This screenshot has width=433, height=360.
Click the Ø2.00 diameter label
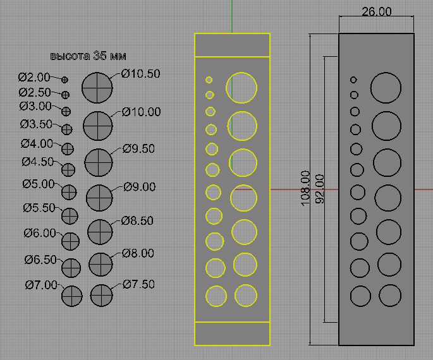(34, 78)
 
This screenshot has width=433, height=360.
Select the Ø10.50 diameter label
(141, 74)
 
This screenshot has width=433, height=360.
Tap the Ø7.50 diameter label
(138, 284)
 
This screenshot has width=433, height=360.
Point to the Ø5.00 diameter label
(39, 184)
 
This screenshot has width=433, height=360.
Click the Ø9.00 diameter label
(140, 187)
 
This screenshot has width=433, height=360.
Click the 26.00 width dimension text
(376, 11)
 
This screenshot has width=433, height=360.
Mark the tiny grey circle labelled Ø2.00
(64, 80)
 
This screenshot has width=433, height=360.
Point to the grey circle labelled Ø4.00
(68, 149)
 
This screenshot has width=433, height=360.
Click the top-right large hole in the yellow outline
(241, 88)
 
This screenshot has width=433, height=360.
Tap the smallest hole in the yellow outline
(209, 80)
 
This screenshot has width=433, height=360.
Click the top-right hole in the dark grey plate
(386, 87)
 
